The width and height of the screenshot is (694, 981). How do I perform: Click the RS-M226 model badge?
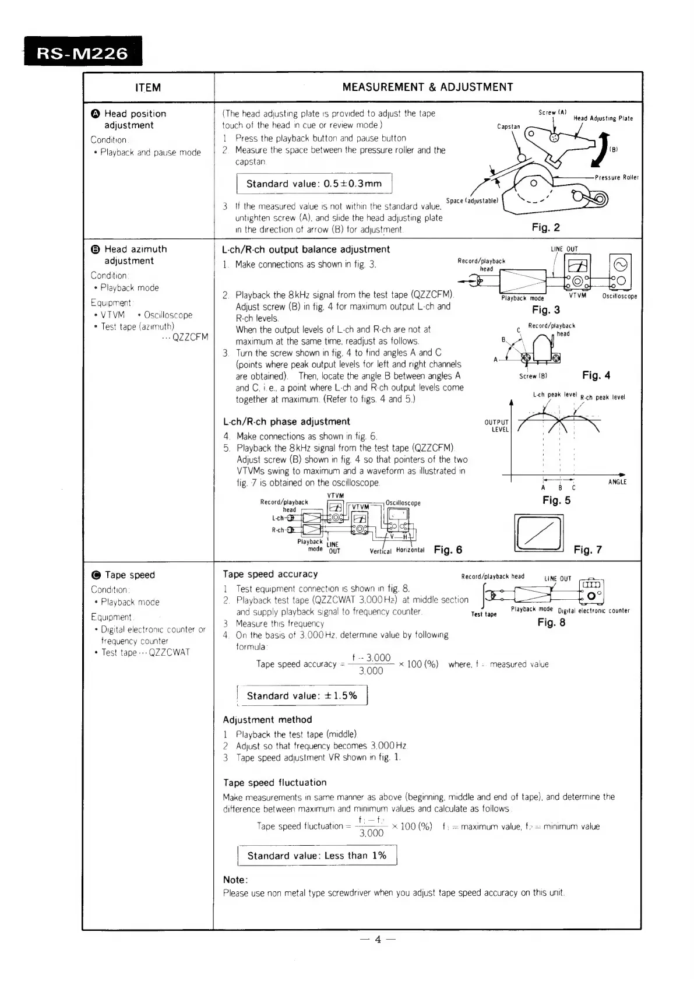pyautogui.click(x=83, y=53)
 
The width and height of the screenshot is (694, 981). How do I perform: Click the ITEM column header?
pyautogui.click(x=148, y=87)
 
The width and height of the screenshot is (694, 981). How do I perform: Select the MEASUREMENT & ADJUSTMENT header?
pyautogui.click(x=428, y=87)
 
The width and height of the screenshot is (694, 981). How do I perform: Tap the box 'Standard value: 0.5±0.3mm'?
pyautogui.click(x=314, y=184)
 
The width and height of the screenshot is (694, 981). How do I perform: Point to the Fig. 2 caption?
pyautogui.click(x=545, y=227)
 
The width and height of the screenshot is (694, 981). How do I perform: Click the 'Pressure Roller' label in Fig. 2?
pyautogui.click(x=617, y=177)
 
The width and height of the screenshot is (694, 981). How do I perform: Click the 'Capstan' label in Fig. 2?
pyautogui.click(x=508, y=126)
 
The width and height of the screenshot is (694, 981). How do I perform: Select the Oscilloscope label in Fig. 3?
pyautogui.click(x=619, y=296)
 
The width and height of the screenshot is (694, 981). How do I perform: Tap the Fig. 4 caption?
pyautogui.click(x=596, y=375)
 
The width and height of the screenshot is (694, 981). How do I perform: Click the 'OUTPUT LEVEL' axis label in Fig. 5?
pyautogui.click(x=496, y=426)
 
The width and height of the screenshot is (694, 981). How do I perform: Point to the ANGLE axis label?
pyautogui.click(x=617, y=482)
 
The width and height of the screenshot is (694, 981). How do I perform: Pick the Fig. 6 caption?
pyautogui.click(x=448, y=550)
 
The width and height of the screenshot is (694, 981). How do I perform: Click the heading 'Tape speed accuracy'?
pyautogui.click(x=270, y=574)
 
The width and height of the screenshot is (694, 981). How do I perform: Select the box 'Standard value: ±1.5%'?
pyautogui.click(x=302, y=696)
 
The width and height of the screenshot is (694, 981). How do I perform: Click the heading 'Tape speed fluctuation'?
pyautogui.click(x=274, y=782)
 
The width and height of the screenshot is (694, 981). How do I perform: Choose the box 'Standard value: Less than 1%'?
pyautogui.click(x=317, y=856)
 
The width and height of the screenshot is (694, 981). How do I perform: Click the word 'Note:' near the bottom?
pyautogui.click(x=235, y=880)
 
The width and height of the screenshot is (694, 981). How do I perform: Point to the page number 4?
pyautogui.click(x=378, y=939)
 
